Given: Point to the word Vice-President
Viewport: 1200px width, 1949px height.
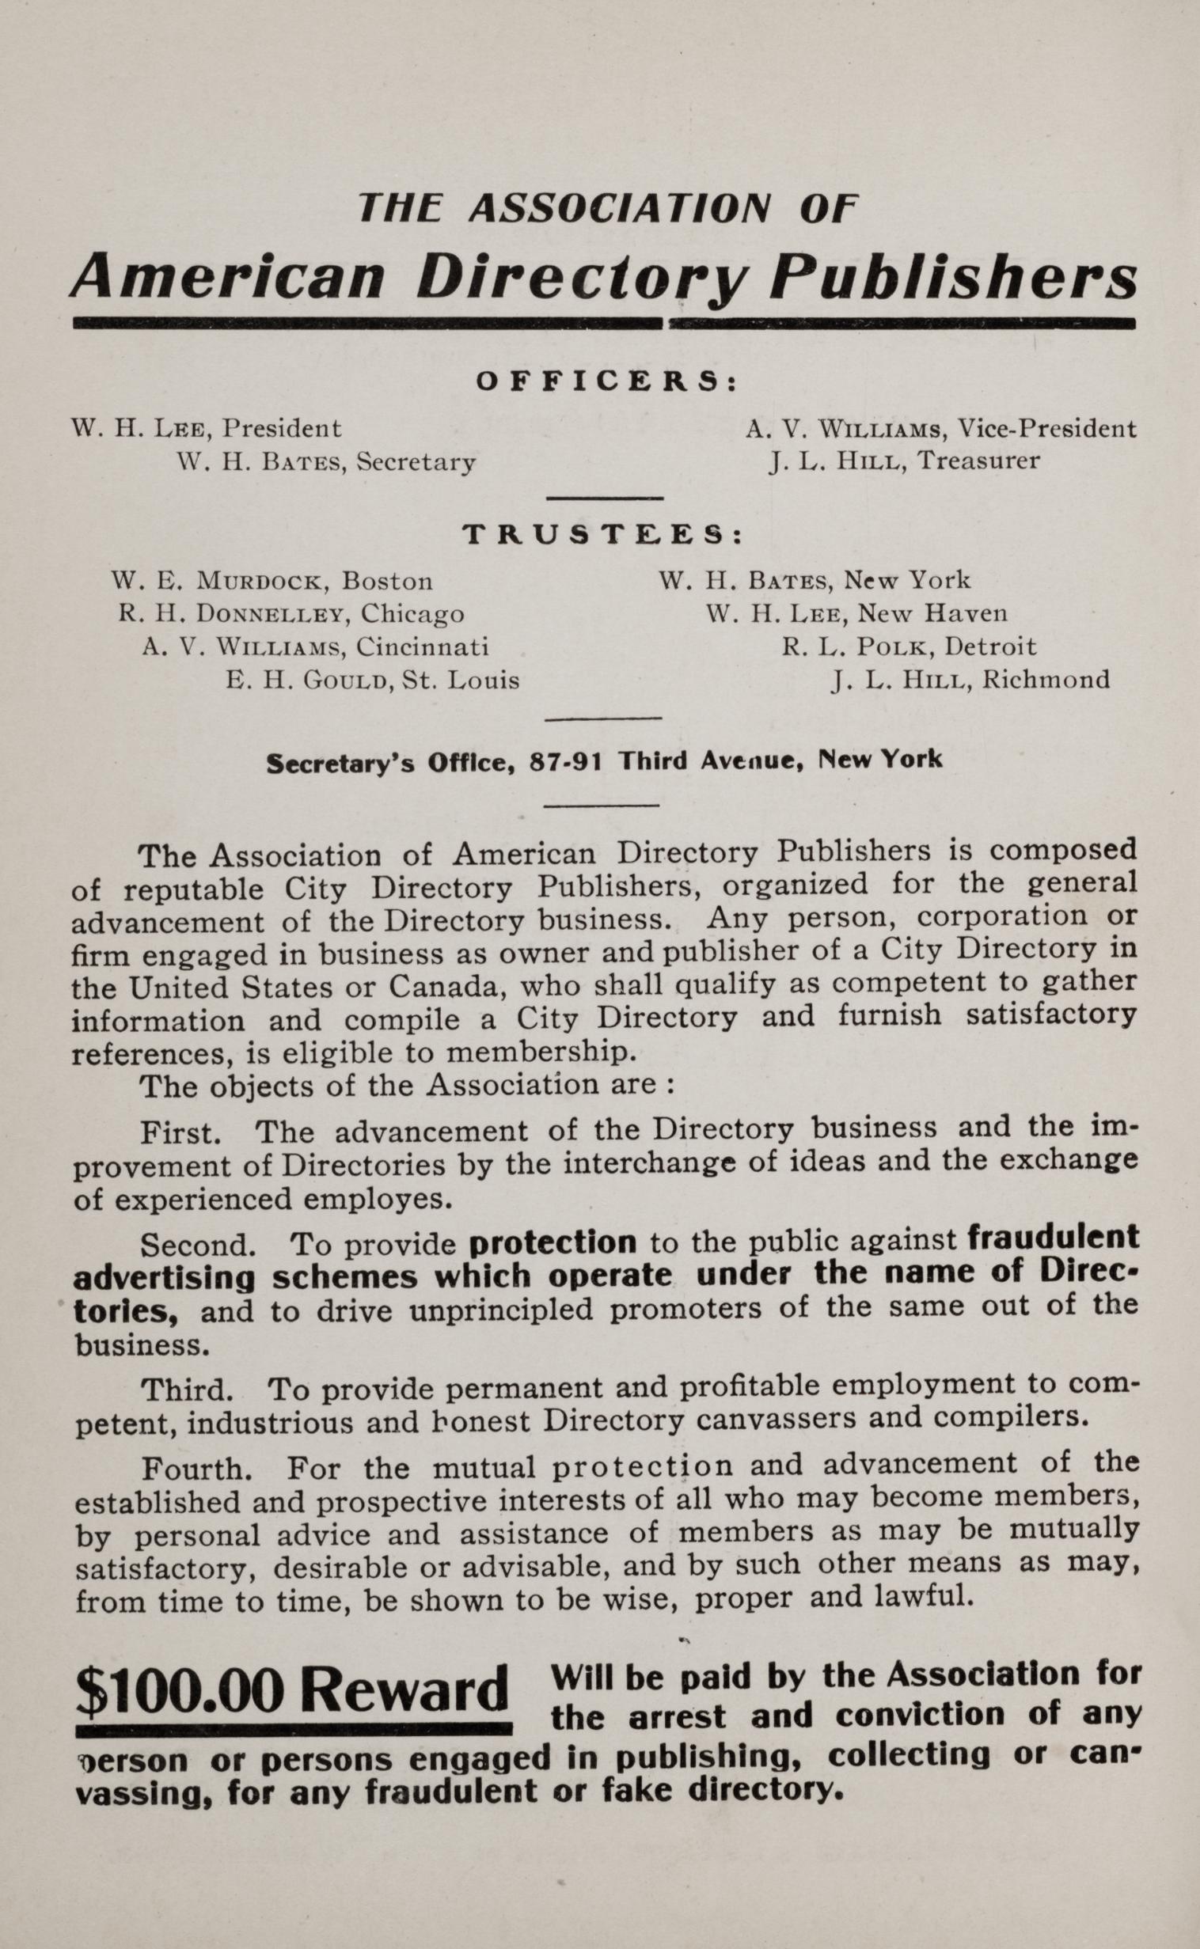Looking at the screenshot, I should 1046,429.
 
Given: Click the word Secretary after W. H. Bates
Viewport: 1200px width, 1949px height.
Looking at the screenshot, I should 416,461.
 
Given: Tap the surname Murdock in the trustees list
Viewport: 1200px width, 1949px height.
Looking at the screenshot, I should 256,582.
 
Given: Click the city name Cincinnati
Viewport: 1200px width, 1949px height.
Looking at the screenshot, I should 422,647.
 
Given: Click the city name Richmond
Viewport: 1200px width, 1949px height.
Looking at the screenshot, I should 1045,681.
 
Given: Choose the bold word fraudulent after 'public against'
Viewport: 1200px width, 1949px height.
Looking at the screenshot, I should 1054,1239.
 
